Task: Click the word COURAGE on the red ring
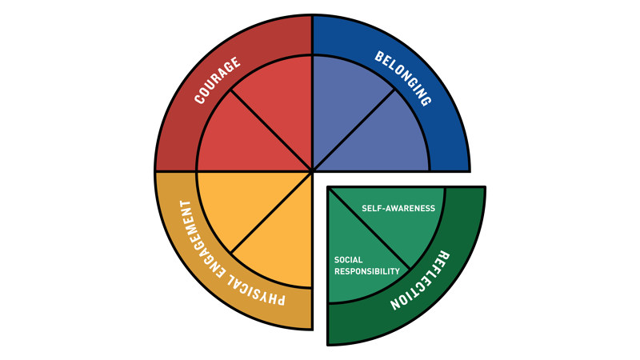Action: click(218, 82)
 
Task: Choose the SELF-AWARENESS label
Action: click(398, 209)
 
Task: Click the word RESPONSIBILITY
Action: click(367, 272)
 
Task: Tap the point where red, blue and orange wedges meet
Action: click(312, 171)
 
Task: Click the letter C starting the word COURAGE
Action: click(199, 100)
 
